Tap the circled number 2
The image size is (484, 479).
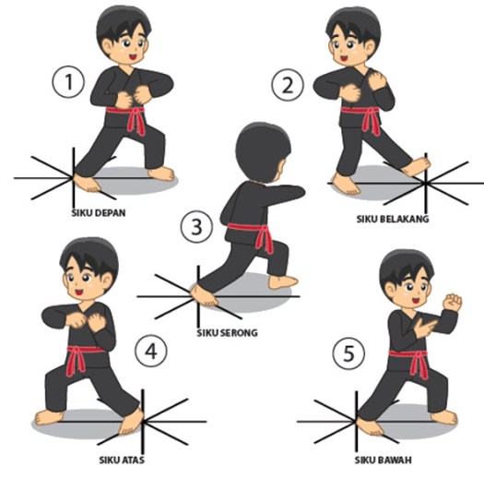tap(287, 87)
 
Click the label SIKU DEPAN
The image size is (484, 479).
tap(97, 211)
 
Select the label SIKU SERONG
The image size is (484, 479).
tap(227, 331)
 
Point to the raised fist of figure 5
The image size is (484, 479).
tap(451, 301)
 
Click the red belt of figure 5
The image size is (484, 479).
tap(411, 358)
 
